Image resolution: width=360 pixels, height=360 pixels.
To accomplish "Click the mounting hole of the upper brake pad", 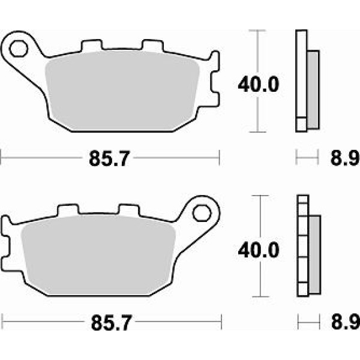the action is click(x=19, y=49).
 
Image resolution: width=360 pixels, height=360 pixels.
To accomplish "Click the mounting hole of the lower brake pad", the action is click(x=202, y=213).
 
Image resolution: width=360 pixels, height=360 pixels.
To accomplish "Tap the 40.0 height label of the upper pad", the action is click(x=259, y=85).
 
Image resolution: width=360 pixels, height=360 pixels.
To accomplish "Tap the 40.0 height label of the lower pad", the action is click(x=259, y=250).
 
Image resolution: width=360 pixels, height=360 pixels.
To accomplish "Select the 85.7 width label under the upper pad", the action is click(x=110, y=158).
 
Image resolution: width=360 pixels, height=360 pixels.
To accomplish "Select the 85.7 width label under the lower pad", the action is click(x=112, y=323).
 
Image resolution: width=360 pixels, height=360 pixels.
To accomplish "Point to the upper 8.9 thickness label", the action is click(x=344, y=158).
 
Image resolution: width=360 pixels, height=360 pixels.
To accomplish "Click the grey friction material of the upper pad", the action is click(x=122, y=91).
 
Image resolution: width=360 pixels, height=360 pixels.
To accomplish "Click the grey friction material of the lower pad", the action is click(x=98, y=256).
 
